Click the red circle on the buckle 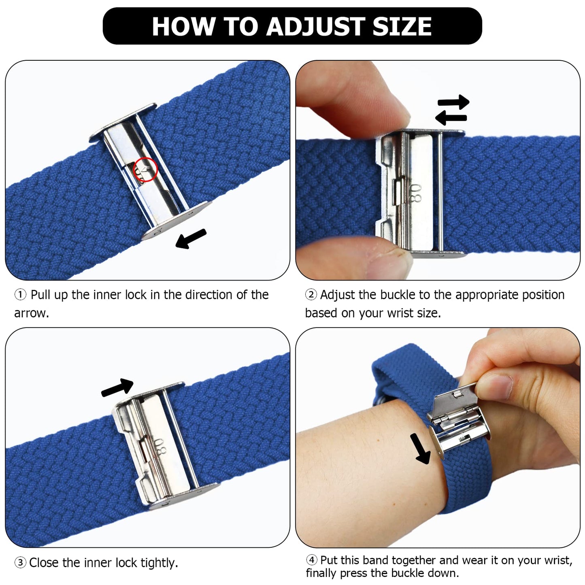(146, 170)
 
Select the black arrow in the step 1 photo (191, 238)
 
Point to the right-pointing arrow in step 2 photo (453, 102)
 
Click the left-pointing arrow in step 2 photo (451, 118)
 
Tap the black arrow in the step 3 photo (117, 387)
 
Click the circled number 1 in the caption (20, 295)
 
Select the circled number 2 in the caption (311, 295)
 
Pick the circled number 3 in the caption (20, 563)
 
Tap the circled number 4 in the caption (311, 560)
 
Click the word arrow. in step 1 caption (31, 313)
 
